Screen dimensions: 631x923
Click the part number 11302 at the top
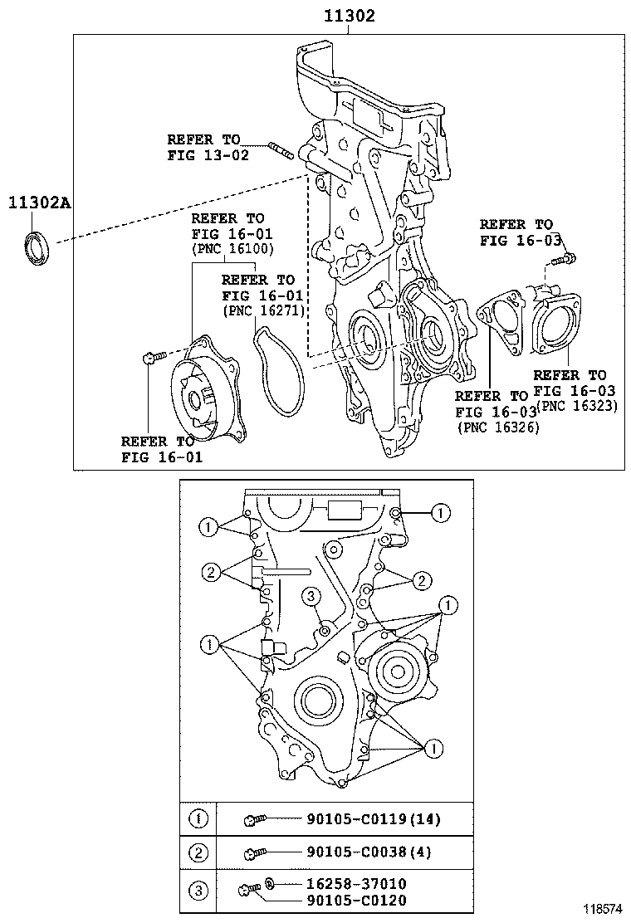click(349, 15)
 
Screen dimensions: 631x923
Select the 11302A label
click(40, 203)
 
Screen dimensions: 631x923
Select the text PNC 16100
click(233, 249)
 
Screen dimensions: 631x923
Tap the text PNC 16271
click(264, 310)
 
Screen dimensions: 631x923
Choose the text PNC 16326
click(498, 427)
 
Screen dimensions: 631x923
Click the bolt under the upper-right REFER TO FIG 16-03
click(564, 258)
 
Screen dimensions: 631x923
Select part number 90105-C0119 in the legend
click(357, 818)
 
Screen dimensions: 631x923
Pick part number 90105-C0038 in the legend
click(357, 852)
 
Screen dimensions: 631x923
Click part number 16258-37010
click(356, 883)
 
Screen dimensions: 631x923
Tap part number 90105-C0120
click(356, 900)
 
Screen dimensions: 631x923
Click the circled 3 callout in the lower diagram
click(311, 596)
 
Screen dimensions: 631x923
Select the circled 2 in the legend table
click(198, 852)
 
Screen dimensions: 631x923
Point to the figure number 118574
click(603, 909)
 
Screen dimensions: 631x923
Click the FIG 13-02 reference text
click(208, 155)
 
